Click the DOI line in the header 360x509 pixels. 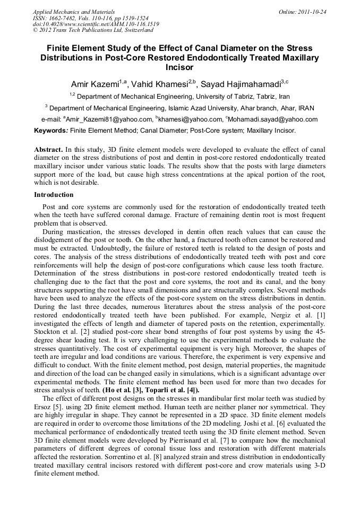pyautogui.click(x=96, y=24)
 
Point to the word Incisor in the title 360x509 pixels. pyautogui.click(x=179, y=67)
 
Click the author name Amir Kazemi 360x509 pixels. pyautogui.click(x=94, y=84)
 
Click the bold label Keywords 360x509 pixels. pyautogui.click(x=51, y=130)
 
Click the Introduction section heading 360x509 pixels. pyautogui.click(x=54, y=195)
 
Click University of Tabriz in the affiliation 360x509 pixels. pyautogui.click(x=229, y=97)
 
